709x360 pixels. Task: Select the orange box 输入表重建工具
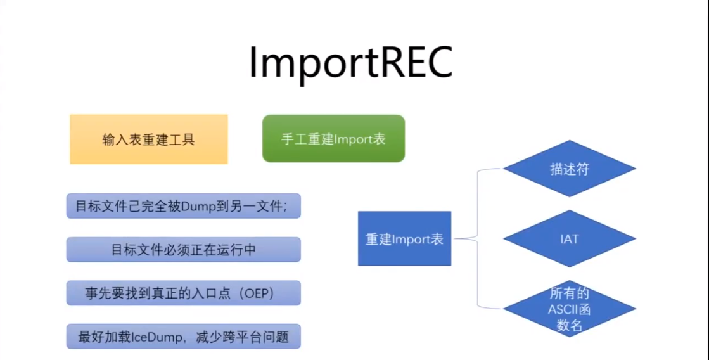149,139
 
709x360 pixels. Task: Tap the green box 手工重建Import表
333,138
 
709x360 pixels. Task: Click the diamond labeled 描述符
569,169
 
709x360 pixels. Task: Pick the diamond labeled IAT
569,239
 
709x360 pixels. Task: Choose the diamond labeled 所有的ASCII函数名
569,309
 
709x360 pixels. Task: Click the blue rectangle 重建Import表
404,238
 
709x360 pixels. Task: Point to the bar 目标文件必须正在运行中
184,249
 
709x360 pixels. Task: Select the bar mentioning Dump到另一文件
184,206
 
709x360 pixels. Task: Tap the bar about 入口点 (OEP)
184,293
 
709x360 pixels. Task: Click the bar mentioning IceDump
184,336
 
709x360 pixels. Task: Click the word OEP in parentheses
257,293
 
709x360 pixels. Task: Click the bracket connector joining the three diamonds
478,238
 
